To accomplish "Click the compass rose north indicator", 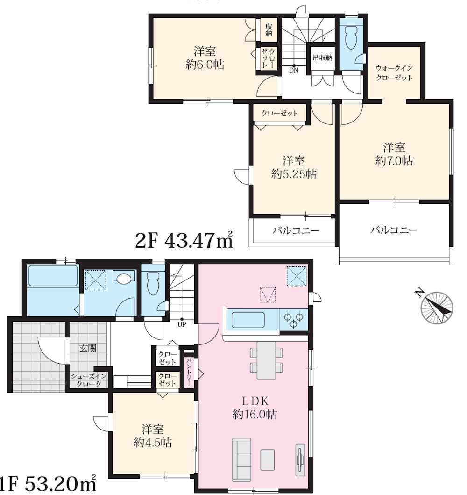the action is tap(437, 308).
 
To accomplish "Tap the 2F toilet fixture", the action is tap(350, 37).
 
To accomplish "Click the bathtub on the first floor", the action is tap(53, 276).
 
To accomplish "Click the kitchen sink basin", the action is tap(248, 320).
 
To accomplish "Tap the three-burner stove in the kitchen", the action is tap(293, 319).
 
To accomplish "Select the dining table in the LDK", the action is tap(267, 360).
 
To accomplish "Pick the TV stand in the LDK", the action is tap(300, 459).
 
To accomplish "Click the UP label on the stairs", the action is tap(182, 324).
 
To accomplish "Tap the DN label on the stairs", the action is tap(294, 71).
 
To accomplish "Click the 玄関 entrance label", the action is tap(88, 349).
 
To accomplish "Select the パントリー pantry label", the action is tap(189, 372).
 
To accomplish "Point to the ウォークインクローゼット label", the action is tap(394, 72).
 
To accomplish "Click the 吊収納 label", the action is tap(322, 57).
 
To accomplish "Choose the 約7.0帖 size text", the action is tap(394, 161).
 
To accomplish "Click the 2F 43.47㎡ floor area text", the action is tap(184, 240).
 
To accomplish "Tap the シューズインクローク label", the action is tap(89, 380).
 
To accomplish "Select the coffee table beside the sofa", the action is tap(268, 459).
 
